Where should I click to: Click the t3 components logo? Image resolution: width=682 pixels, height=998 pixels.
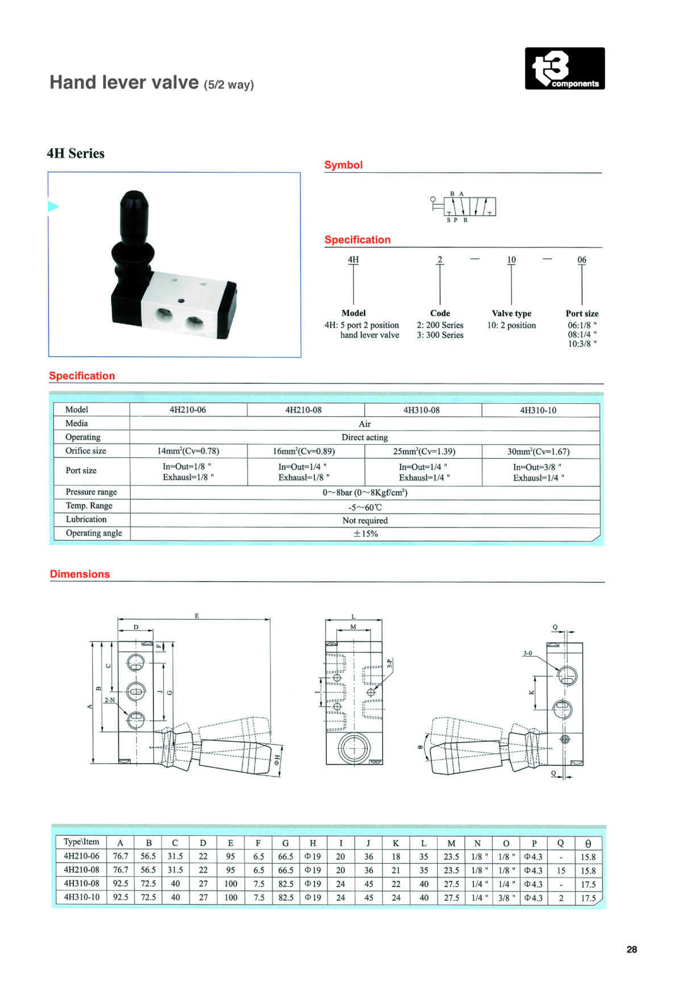(564, 68)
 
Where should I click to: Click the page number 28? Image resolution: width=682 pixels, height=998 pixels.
(631, 949)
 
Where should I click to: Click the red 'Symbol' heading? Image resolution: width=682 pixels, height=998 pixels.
(343, 165)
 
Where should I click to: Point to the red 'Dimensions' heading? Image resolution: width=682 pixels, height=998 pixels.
(80, 574)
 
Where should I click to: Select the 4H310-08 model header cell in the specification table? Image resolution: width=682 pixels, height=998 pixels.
(422, 410)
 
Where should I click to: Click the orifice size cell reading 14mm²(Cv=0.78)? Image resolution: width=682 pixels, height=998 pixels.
(188, 451)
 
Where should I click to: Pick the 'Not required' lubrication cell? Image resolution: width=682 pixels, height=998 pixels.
(365, 520)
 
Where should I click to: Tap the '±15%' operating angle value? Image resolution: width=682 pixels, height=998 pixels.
(365, 533)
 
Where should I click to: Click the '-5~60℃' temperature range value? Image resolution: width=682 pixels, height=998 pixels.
(365, 507)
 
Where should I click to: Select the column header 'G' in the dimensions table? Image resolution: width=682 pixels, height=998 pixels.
(285, 843)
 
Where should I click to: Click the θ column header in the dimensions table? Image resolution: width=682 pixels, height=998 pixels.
(588, 843)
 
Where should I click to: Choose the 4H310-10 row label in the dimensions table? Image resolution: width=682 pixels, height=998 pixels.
(81, 897)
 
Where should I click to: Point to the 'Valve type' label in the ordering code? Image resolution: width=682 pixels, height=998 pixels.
(511, 313)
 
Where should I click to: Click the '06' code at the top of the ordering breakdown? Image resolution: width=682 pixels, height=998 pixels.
(582, 260)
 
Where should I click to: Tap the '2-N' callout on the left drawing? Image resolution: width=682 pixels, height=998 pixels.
(110, 700)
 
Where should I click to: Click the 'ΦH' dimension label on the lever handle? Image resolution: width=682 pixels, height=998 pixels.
(277, 759)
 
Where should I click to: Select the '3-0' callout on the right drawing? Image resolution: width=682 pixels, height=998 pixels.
(527, 653)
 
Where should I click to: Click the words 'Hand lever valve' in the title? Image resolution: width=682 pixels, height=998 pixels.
(124, 82)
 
